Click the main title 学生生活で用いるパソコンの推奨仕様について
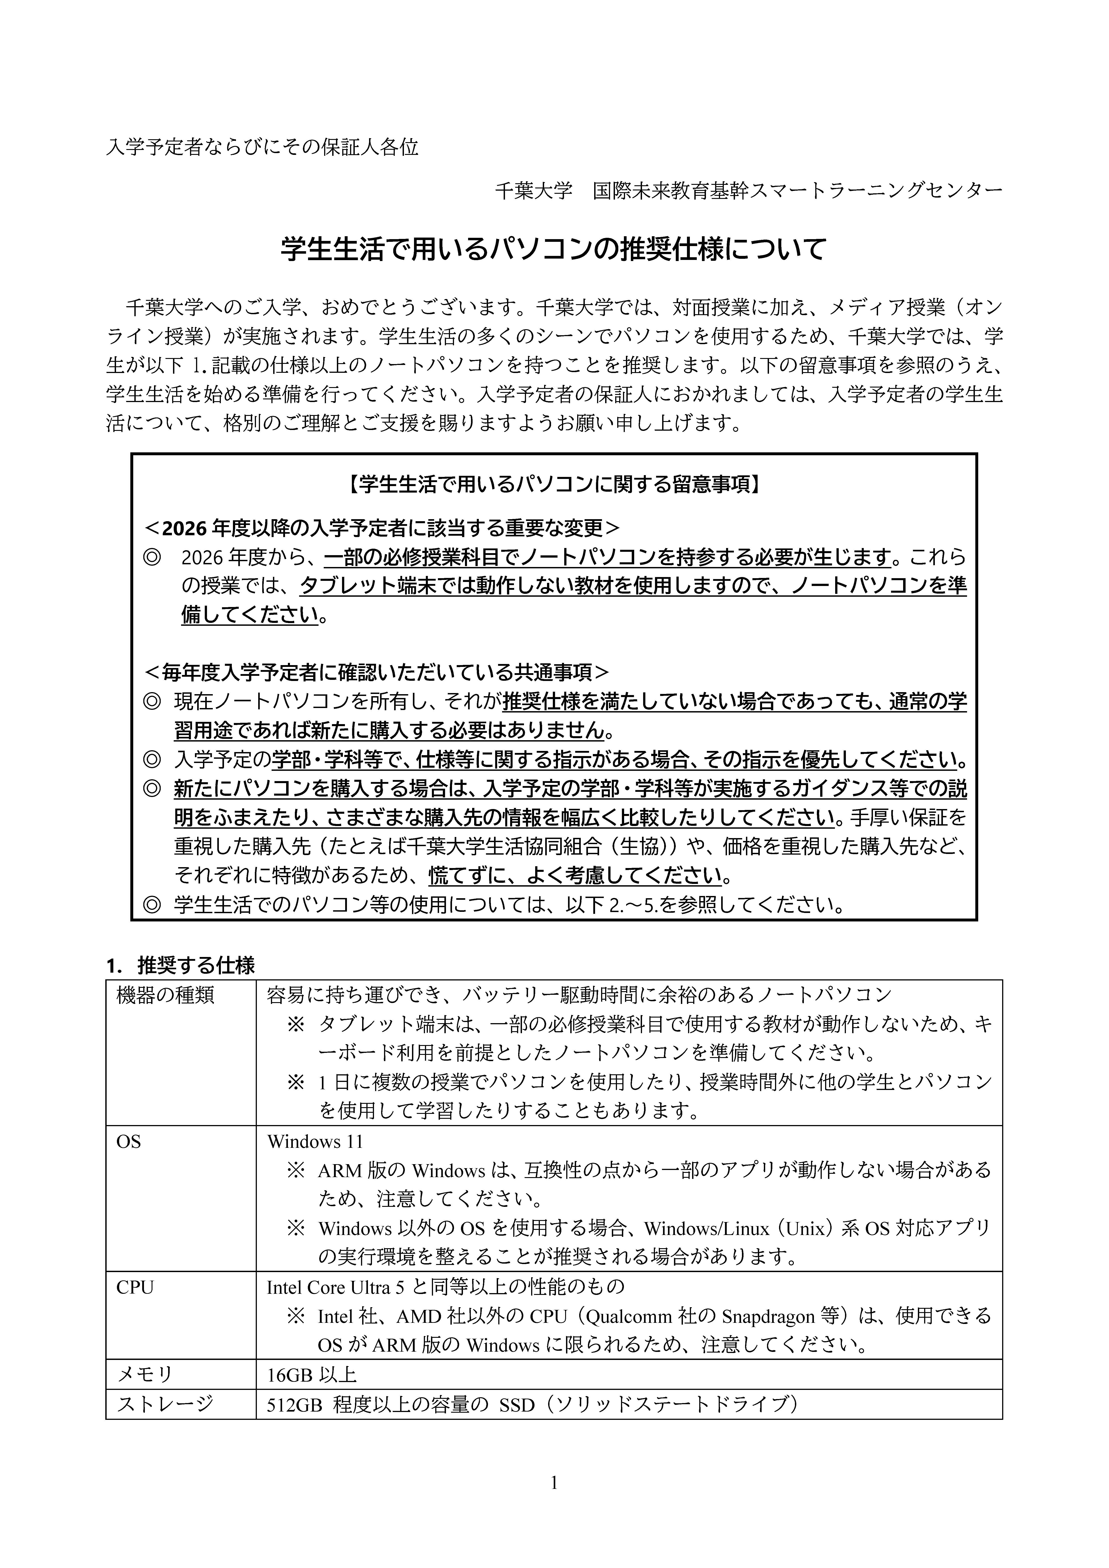553,249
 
